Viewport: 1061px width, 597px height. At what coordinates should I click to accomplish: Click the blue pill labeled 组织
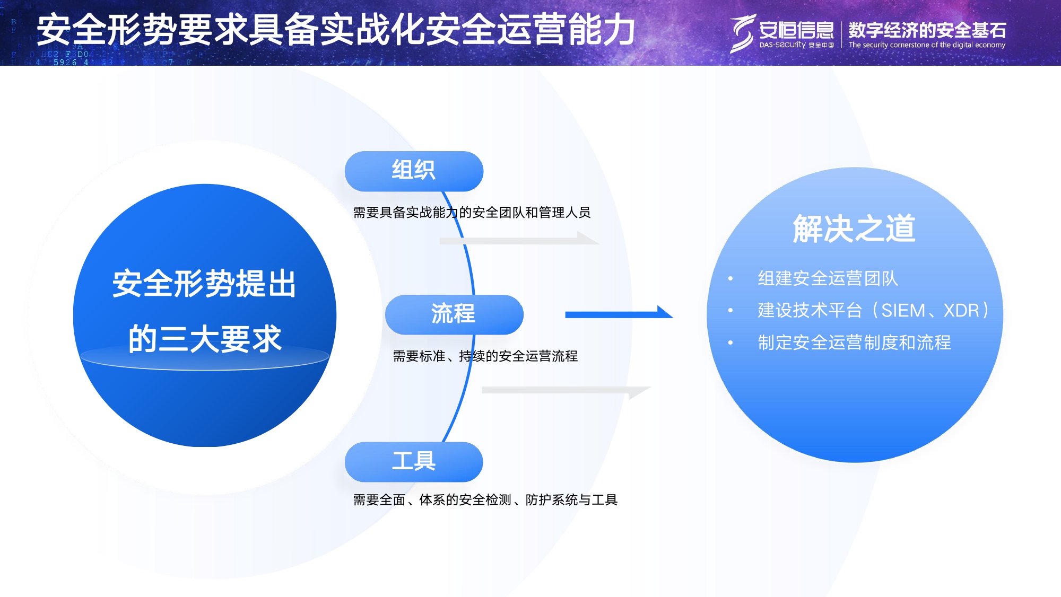pos(414,171)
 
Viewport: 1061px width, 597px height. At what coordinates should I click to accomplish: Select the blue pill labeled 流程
pos(454,314)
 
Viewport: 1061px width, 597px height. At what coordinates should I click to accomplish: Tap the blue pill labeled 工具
pos(414,461)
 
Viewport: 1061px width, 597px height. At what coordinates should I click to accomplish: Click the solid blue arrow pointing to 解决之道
pos(618,314)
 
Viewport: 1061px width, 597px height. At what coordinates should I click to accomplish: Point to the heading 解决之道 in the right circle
pos(854,229)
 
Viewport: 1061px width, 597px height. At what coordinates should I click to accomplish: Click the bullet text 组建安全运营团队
pos(827,278)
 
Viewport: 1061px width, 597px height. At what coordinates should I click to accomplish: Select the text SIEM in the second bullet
pos(903,310)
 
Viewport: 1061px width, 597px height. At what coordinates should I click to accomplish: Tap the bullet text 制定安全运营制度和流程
pos(854,343)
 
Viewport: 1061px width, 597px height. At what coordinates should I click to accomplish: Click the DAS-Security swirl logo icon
pos(742,33)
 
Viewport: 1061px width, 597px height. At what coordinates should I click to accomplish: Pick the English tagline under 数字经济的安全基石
pos(926,45)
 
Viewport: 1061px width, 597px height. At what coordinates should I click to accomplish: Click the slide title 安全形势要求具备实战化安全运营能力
pos(336,30)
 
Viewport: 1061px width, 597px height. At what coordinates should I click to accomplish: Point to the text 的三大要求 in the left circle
pos(205,338)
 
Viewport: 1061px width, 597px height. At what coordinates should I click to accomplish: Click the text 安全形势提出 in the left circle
pos(205,284)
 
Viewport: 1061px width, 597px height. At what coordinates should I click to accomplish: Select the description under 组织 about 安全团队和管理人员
pos(472,213)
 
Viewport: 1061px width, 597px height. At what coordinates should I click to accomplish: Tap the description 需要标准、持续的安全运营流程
pos(485,356)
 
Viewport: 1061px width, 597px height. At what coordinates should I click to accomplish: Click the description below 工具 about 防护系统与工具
pos(485,500)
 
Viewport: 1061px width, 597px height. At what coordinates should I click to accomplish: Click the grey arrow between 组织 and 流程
pos(519,240)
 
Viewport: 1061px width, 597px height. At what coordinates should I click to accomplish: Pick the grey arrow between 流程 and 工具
pos(565,391)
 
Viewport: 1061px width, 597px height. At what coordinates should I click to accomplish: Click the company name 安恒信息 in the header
pos(796,30)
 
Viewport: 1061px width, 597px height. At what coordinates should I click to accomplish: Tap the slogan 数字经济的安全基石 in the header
pos(927,30)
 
